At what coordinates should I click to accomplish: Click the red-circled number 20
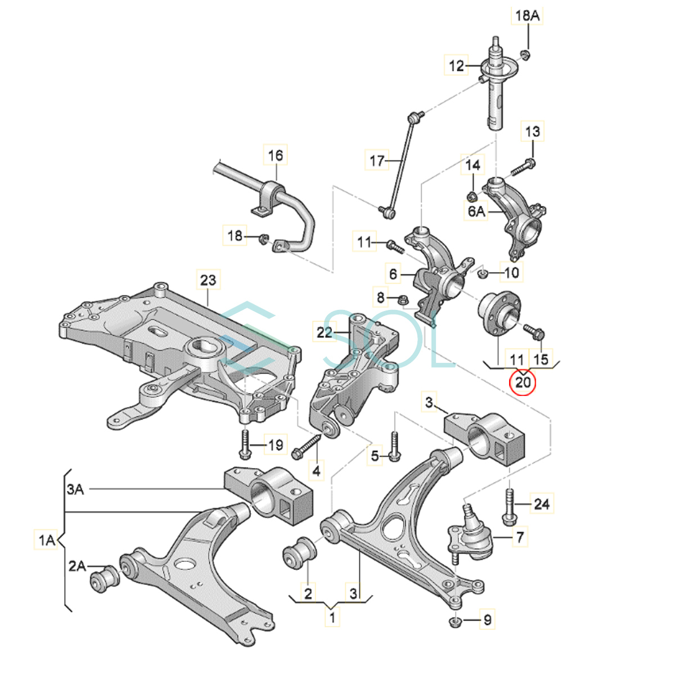[523, 382]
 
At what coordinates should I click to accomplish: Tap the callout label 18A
[527, 16]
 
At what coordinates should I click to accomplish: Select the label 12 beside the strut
[457, 66]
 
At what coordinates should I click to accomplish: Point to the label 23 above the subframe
[208, 280]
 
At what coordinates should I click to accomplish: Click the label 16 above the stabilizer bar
[276, 155]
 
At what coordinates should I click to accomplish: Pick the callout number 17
[377, 161]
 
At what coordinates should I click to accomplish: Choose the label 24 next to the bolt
[541, 503]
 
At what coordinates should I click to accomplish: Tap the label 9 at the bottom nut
[487, 620]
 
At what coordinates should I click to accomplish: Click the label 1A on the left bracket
[47, 541]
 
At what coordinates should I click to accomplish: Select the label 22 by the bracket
[325, 332]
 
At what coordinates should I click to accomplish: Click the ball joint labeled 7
[470, 534]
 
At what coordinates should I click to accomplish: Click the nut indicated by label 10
[482, 274]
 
